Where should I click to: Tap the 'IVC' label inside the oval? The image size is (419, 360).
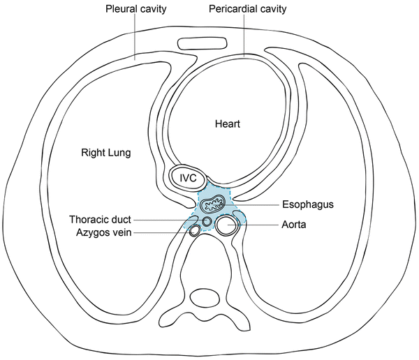point(187,178)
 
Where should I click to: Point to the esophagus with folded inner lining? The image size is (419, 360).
point(213,203)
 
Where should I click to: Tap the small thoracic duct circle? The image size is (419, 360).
point(207,221)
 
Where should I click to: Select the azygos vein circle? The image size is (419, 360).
point(193,232)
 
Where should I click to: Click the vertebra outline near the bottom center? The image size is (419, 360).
point(209,299)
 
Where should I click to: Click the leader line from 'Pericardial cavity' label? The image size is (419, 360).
point(244,35)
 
